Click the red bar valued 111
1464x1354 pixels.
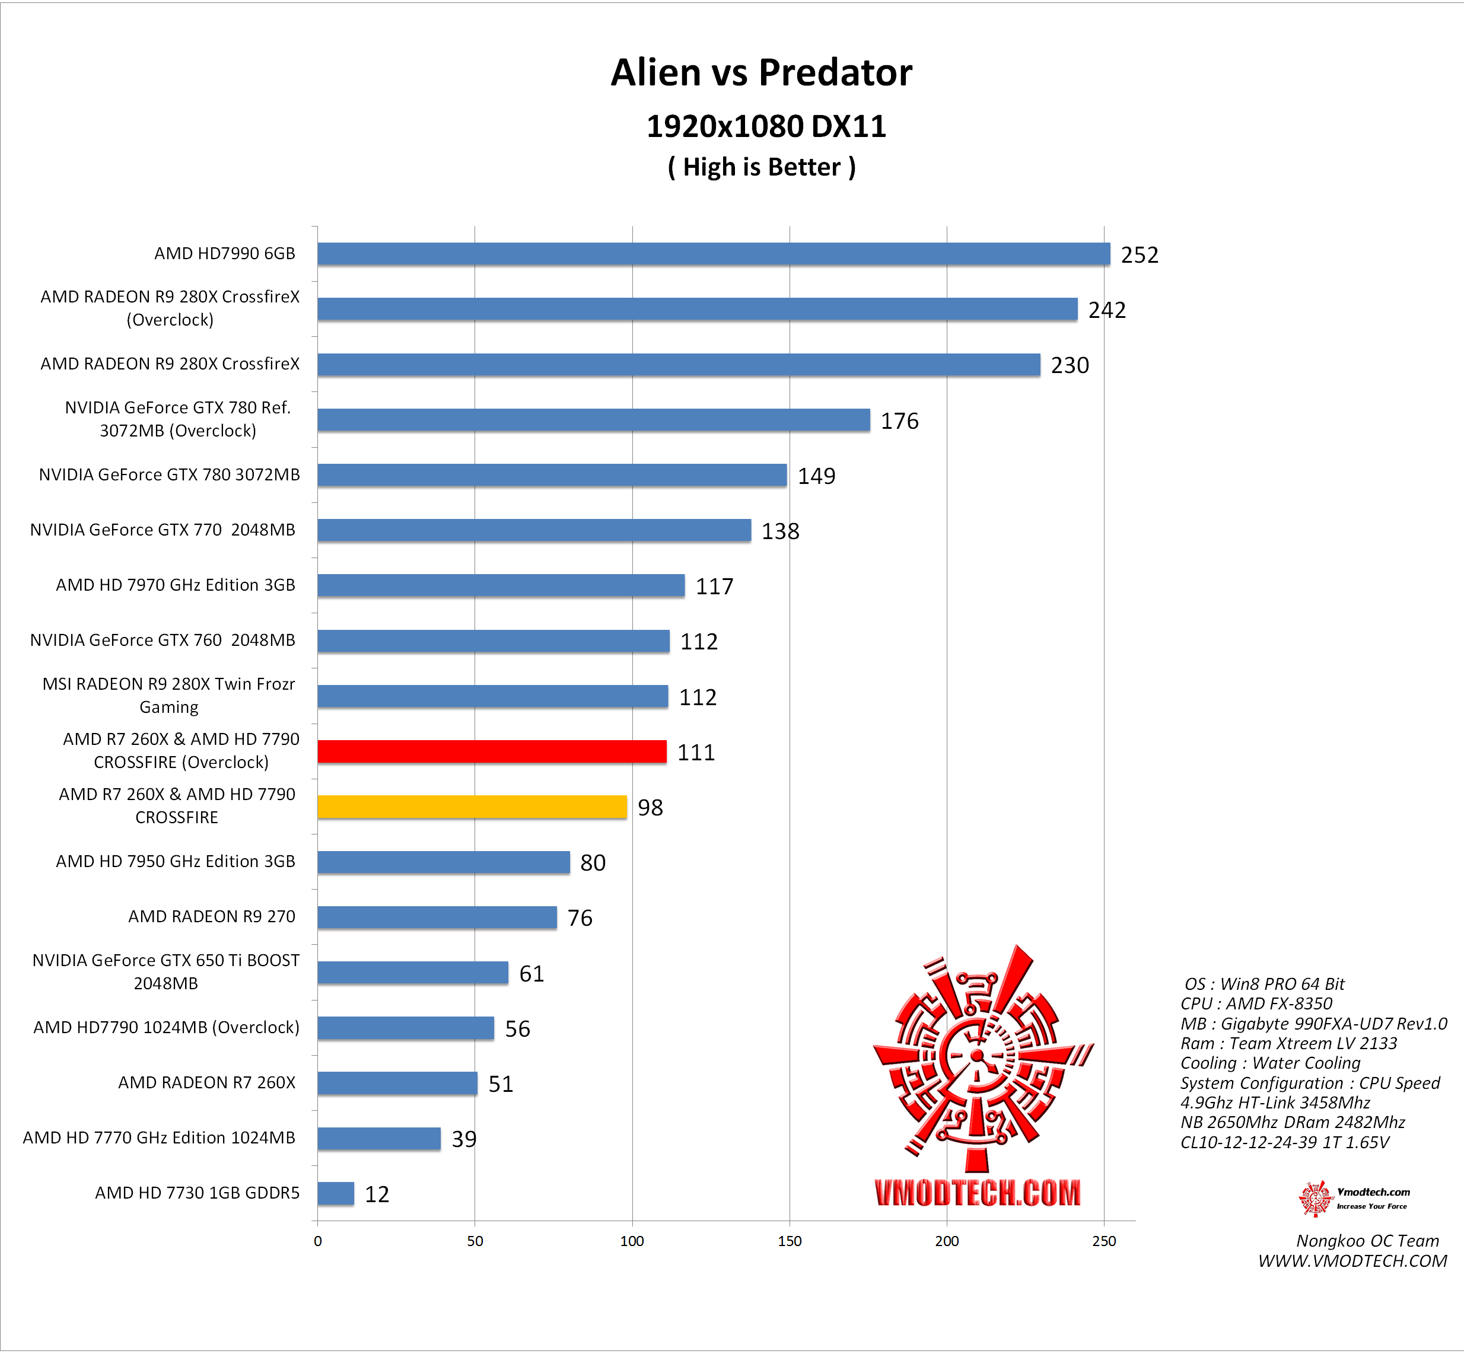coord(492,752)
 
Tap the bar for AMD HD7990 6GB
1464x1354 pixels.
coord(713,254)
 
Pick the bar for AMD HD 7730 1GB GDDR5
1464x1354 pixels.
coord(336,1193)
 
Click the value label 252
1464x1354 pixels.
coord(1140,255)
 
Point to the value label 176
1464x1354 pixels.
coord(899,421)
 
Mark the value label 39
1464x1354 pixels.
coord(464,1139)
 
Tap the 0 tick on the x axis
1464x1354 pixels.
coord(317,1241)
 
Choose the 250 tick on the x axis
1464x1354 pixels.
coord(1103,1241)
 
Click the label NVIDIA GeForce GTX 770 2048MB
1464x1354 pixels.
coord(163,530)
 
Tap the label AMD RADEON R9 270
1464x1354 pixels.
coord(212,916)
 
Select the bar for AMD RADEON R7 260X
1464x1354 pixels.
coord(397,1083)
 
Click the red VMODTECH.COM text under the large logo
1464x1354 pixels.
coord(978,1193)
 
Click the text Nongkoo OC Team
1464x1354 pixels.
coord(1367,1241)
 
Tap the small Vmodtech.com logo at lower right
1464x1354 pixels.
coord(1352,1199)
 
